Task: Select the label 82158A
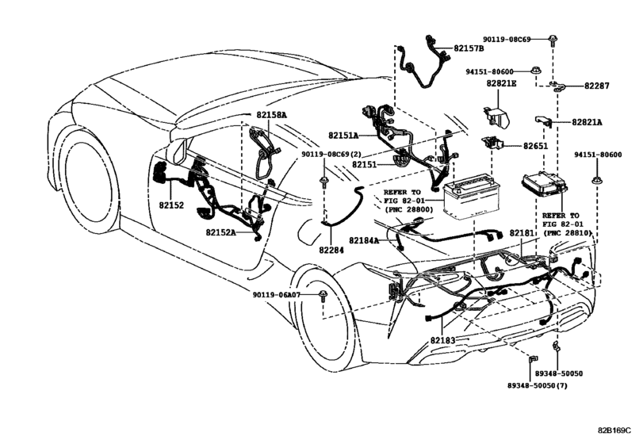click(x=271, y=115)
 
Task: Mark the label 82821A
click(x=588, y=122)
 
